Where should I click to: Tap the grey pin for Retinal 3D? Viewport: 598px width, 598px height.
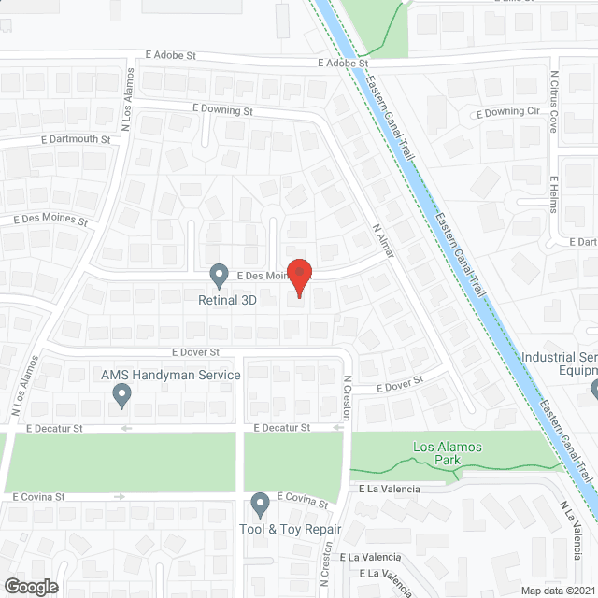click(x=220, y=276)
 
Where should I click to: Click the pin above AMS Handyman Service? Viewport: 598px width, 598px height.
click(x=121, y=397)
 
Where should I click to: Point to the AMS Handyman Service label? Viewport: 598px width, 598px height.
click(x=170, y=376)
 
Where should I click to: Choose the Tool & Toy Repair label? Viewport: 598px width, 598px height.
click(x=290, y=530)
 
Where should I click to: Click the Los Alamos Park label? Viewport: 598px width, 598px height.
click(x=448, y=453)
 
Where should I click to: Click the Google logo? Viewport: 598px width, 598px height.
click(x=30, y=586)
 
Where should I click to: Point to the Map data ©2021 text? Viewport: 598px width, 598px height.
click(x=557, y=591)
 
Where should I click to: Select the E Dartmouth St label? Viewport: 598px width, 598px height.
click(x=76, y=139)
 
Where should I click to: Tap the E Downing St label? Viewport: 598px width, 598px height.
click(x=223, y=110)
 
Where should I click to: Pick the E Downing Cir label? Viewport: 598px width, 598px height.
click(x=508, y=113)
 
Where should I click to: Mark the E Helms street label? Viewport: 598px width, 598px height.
click(x=553, y=194)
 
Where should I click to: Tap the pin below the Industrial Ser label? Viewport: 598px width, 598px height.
click(x=593, y=389)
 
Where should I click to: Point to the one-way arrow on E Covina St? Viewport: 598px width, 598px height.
click(x=119, y=497)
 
